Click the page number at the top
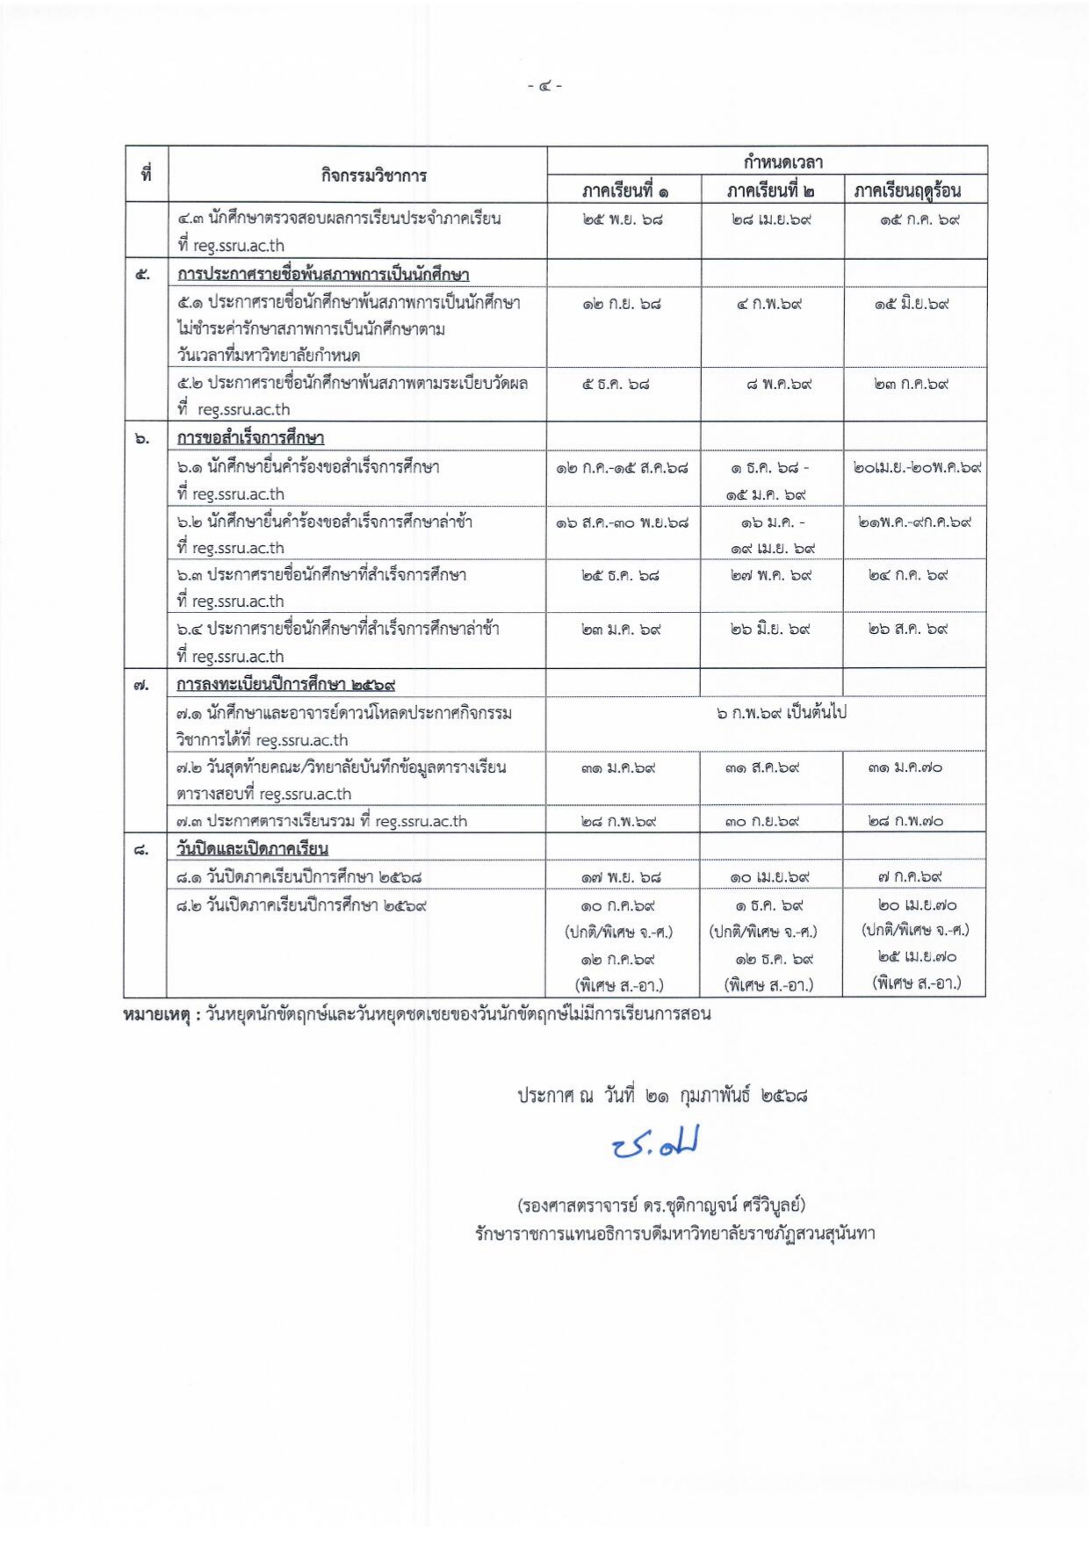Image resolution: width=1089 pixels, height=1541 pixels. coord(544,86)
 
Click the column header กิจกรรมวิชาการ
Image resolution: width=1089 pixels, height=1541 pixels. coord(373,176)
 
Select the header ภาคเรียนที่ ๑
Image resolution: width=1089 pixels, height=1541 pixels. coord(624,191)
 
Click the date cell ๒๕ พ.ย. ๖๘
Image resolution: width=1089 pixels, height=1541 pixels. coord(622,220)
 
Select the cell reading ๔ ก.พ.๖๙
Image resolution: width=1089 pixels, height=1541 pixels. coord(769,305)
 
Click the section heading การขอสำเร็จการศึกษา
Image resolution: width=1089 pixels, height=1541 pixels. coord(250,438)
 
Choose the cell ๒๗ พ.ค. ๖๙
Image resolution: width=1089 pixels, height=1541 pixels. coord(770,576)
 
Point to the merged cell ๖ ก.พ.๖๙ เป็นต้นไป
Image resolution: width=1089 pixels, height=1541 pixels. coord(781,713)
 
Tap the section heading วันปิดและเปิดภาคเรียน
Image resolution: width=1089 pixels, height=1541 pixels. coord(252,849)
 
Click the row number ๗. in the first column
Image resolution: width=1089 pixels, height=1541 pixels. coord(141,685)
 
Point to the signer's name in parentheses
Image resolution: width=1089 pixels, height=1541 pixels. coord(661,1205)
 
